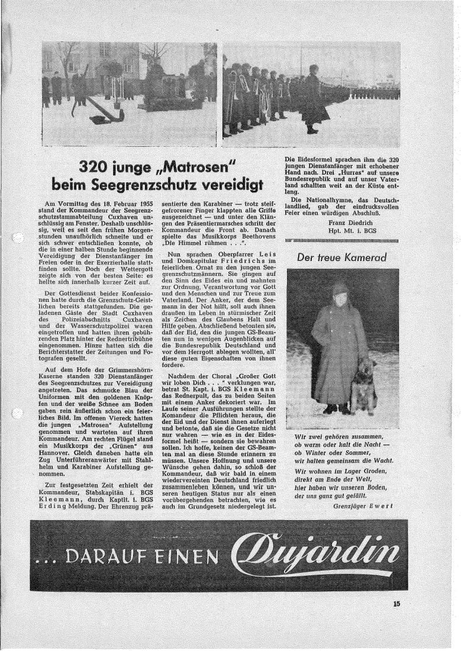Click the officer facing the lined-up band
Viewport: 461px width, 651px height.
click(x=312, y=98)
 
